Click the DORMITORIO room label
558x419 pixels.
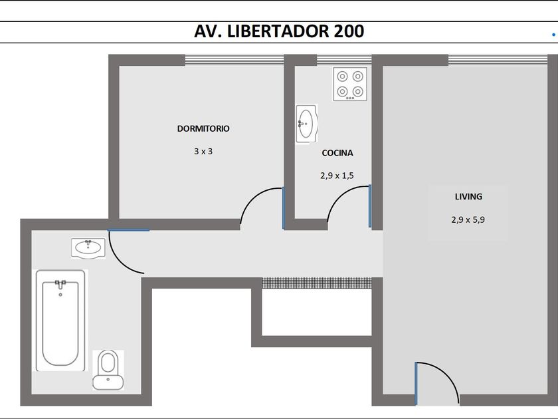coord(203,128)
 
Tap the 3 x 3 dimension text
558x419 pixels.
coord(203,152)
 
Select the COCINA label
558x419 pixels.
coord(337,153)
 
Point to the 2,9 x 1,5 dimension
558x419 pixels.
coord(337,176)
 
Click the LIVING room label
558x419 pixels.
coord(468,197)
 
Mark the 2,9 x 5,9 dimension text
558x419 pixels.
coord(468,220)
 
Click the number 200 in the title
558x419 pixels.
coord(349,31)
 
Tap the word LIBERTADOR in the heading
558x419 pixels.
coord(278,31)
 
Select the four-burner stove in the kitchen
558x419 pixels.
coord(350,84)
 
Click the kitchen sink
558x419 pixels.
coord(306,124)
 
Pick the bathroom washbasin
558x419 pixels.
coord(88,248)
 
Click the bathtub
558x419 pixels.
coord(61,321)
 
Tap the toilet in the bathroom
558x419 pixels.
coord(108,370)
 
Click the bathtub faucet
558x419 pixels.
coord(60,285)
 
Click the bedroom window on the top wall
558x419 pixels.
coord(234,61)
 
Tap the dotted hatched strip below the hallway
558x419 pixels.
coord(317,283)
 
